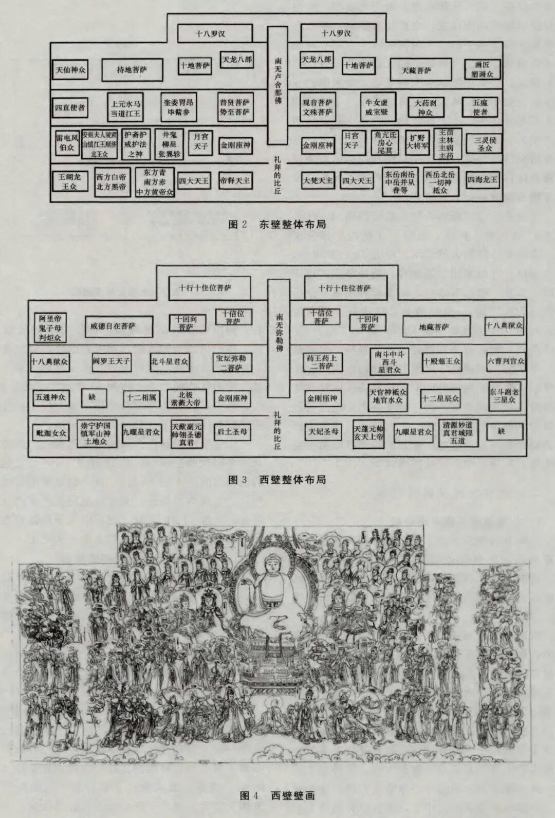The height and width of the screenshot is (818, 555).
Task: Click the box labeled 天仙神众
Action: (70, 70)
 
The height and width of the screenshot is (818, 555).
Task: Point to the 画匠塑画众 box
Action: (482, 70)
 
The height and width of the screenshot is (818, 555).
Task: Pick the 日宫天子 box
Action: (351, 140)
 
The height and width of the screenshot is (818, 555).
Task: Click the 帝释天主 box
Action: (235, 181)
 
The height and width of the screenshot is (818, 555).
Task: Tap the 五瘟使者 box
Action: (480, 107)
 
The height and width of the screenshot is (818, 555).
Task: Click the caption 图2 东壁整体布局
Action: (277, 225)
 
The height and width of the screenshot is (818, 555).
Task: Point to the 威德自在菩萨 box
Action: (119, 326)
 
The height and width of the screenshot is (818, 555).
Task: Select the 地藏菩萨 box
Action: (436, 326)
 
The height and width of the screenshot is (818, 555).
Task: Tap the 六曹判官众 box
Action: (505, 361)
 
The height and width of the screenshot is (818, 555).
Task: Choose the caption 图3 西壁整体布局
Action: (277, 480)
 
